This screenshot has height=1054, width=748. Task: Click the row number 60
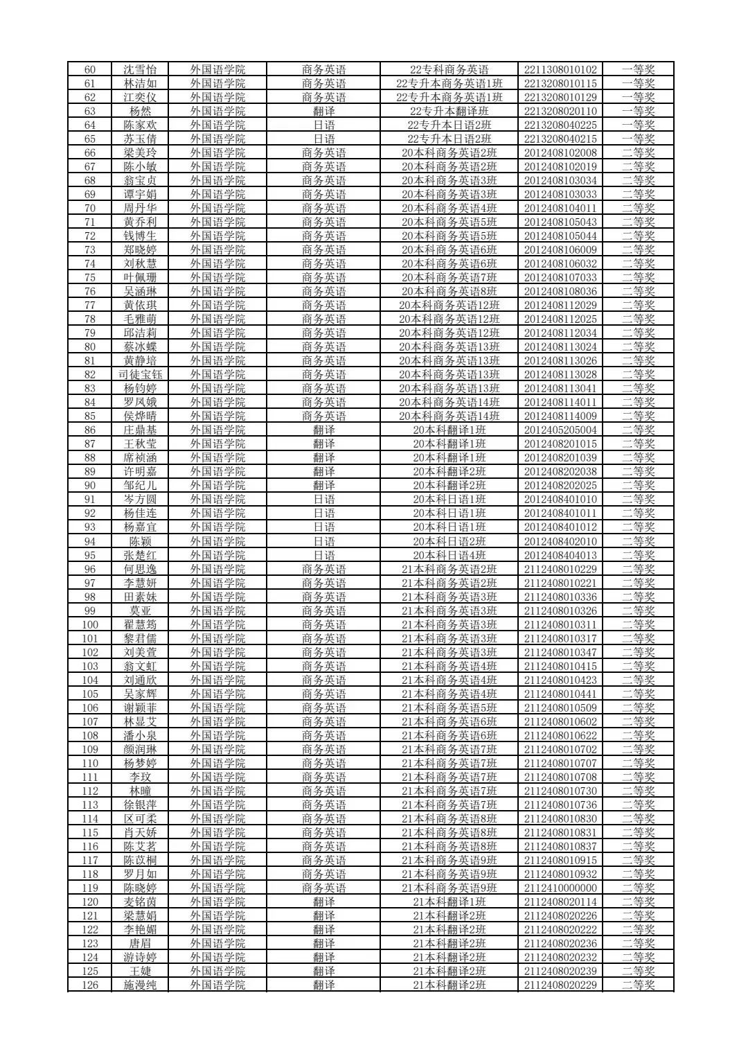90,69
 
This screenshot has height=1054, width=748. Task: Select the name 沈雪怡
140,69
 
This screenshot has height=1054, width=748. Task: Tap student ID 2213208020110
560,111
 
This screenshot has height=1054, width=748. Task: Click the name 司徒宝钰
140,374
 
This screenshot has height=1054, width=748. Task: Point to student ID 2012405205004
560,430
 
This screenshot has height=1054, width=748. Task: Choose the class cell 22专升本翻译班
449,111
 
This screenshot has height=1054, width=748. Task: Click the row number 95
90,555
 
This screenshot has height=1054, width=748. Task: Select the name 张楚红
140,555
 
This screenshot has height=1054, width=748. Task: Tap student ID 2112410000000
560,888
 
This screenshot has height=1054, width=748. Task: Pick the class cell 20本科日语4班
449,555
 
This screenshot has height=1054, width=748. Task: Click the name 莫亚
140,611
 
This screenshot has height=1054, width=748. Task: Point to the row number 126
90,985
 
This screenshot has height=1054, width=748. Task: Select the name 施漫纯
140,985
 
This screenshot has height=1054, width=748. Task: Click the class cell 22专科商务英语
449,69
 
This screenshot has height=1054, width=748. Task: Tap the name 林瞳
140,791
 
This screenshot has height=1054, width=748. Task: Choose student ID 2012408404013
560,555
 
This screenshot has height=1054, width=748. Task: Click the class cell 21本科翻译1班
449,902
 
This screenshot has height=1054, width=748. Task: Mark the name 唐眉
140,943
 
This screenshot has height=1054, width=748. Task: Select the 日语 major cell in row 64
323,125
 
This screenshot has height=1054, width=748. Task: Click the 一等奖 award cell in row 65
638,139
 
